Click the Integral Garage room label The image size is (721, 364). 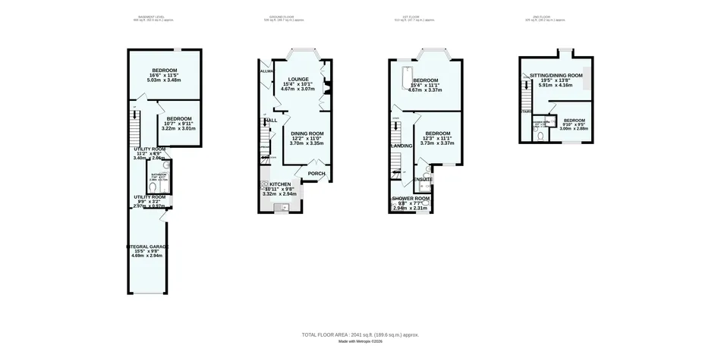pos(146,246)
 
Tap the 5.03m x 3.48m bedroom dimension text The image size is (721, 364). pos(163,80)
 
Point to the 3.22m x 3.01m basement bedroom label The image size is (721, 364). pos(179,128)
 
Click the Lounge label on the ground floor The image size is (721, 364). pos(298,79)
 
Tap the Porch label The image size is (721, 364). pos(316,174)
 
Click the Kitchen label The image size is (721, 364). pos(279,184)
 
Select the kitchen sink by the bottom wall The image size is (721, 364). pos(277,206)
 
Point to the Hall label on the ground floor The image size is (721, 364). pos(271,120)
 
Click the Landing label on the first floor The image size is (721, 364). pos(401,145)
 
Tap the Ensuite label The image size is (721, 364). pos(423,179)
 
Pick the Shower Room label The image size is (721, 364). pos(411,199)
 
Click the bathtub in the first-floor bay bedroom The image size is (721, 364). pos(406,75)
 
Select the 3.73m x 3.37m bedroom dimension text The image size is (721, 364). pos(439,143)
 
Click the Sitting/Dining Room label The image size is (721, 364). pos(556,76)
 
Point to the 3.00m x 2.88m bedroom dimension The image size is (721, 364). pos(574,128)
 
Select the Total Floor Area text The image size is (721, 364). pos(360,334)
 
